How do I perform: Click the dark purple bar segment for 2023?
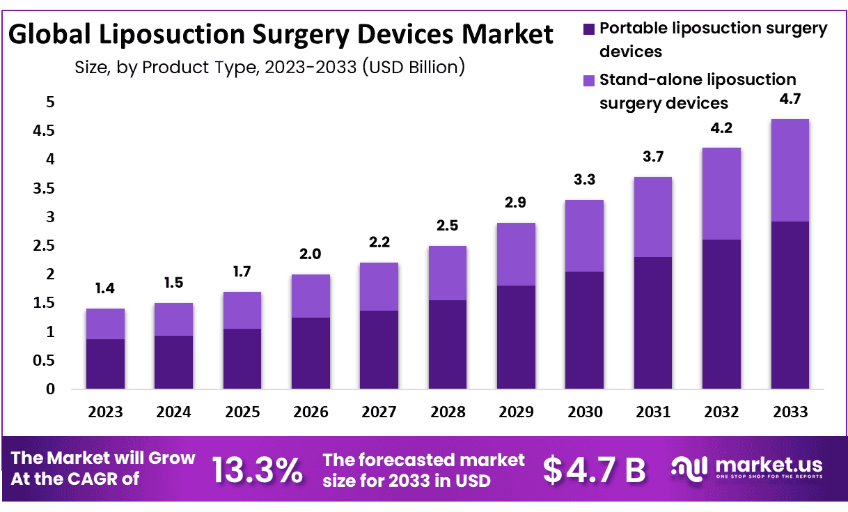pos(105,364)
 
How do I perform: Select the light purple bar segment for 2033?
pos(790,171)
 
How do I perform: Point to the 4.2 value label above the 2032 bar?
pos(721,128)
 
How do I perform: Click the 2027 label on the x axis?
pos(379,412)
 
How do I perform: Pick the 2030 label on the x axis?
pos(585,412)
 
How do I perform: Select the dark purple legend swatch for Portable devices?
pos(588,29)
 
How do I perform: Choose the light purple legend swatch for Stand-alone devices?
pos(588,80)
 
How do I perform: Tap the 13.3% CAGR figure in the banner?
pos(257,470)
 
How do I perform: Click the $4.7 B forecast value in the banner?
pos(595,470)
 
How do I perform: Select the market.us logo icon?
pos(689,468)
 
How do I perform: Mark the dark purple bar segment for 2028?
pos(448,344)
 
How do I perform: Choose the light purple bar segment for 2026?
pos(311,296)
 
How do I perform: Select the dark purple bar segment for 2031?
pos(653,323)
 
